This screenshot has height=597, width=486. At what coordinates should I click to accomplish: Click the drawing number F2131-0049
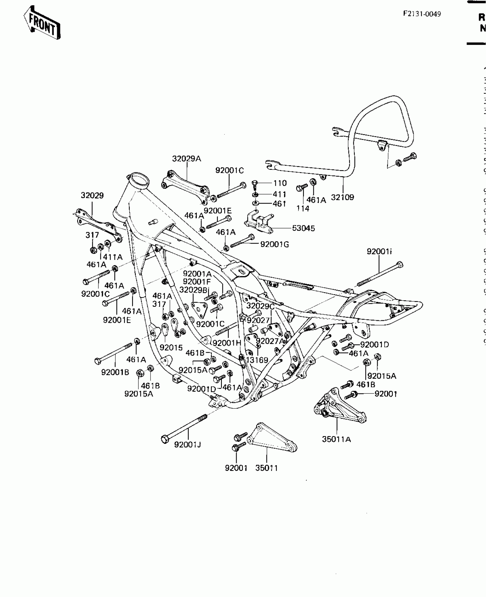(422, 14)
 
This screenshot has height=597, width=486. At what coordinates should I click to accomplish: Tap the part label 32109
(342, 198)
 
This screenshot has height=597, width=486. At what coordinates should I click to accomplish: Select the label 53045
(303, 228)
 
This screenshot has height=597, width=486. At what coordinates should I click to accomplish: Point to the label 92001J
(188, 444)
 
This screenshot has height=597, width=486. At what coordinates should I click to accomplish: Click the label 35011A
(336, 439)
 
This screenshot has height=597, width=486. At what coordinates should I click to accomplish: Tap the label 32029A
(186, 159)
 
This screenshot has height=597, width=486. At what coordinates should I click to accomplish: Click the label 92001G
(274, 244)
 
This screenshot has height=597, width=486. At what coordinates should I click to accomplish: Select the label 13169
(257, 360)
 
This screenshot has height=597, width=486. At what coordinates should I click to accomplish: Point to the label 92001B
(115, 372)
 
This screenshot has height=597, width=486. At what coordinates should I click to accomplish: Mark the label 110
(280, 183)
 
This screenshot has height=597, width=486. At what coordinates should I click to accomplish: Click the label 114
(303, 209)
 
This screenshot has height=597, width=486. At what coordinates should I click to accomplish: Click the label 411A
(113, 257)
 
